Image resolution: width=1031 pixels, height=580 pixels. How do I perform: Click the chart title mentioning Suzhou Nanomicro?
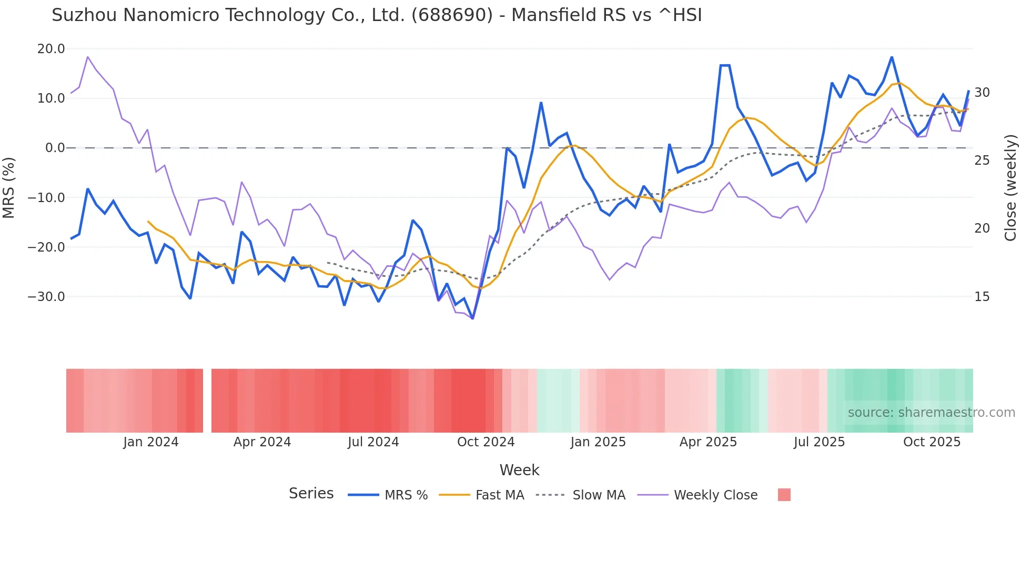click(377, 15)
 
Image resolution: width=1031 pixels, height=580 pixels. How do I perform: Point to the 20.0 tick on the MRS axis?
click(51, 49)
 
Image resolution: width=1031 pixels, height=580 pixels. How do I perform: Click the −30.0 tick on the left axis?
click(46, 297)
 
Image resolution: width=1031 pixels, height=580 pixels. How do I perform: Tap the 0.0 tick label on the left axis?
click(55, 148)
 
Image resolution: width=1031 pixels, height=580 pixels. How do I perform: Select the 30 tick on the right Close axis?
click(982, 93)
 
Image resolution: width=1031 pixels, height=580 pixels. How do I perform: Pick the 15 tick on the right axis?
click(982, 297)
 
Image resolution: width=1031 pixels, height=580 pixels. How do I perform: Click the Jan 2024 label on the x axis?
click(151, 442)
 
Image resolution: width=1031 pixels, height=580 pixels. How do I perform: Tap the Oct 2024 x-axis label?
click(486, 442)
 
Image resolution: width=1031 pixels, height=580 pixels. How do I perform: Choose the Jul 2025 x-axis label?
click(819, 442)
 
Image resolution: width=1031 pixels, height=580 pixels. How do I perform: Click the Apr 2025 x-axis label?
click(708, 442)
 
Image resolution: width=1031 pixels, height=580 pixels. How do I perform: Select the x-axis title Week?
click(519, 470)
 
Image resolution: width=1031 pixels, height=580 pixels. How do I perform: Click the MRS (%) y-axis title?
click(9, 187)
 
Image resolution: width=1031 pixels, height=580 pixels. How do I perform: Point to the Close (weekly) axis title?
click(1010, 187)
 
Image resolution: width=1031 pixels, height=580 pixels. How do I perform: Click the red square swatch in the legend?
click(784, 495)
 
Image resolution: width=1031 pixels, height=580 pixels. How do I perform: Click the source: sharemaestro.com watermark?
click(931, 413)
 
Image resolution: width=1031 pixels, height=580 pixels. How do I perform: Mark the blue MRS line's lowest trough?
click(472, 318)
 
